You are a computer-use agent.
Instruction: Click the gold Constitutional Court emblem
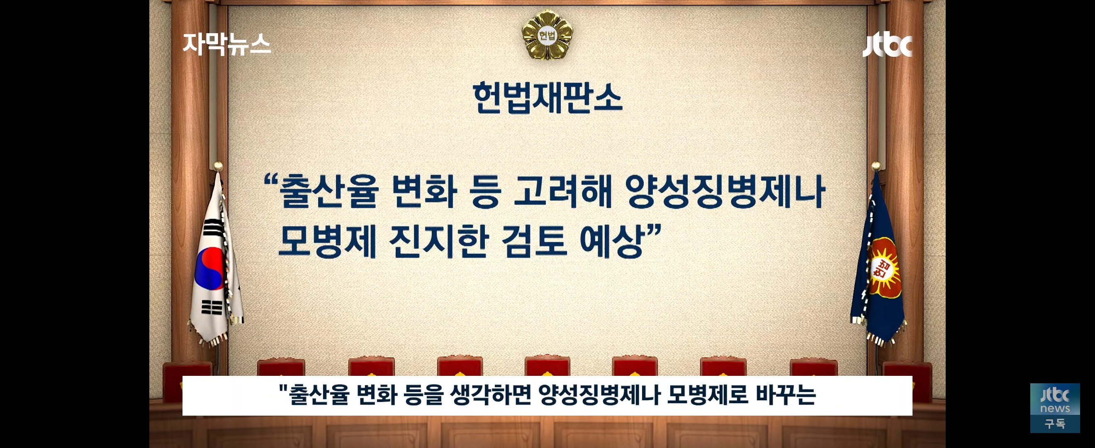(x=547, y=35)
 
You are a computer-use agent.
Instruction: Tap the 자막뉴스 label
(x=226, y=45)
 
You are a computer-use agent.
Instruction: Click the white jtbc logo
(x=888, y=44)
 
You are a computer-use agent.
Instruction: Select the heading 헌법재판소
(x=547, y=98)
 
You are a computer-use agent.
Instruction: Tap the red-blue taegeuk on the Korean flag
(x=209, y=268)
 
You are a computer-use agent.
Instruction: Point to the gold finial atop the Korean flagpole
(x=218, y=166)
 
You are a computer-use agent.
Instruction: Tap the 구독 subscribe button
(x=1055, y=424)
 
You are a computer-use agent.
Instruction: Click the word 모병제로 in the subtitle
(x=707, y=395)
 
